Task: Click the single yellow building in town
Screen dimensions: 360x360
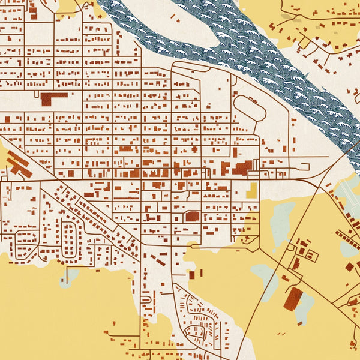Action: click(251, 191)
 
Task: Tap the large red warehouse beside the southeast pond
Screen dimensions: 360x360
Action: click(293, 298)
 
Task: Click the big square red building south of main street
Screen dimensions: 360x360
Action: click(192, 215)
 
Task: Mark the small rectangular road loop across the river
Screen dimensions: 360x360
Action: click(305, 43)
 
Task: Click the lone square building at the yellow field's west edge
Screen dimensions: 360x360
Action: click(192, 275)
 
